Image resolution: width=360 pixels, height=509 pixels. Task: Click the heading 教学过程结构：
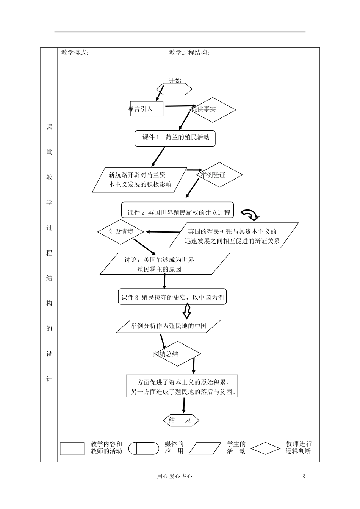click(189, 53)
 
